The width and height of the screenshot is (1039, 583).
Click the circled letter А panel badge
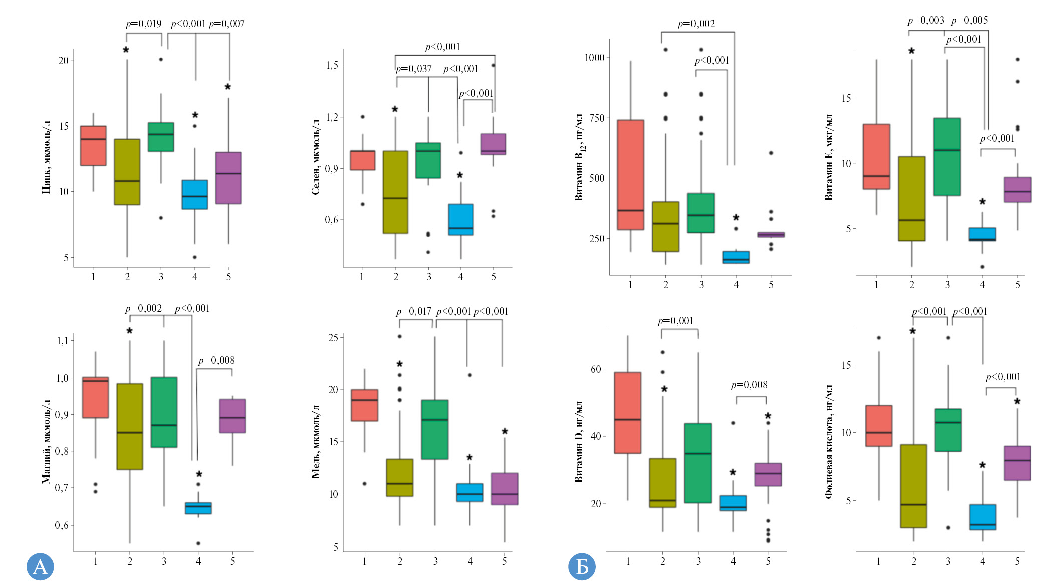pyautogui.click(x=40, y=566)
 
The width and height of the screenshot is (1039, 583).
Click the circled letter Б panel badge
pyautogui.click(x=582, y=566)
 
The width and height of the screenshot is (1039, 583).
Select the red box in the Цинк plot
pyautogui.click(x=93, y=146)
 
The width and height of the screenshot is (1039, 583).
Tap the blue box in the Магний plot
pyautogui.click(x=198, y=508)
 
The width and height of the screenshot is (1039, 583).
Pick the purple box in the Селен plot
pyautogui.click(x=493, y=144)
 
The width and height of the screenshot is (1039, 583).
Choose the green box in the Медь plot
pyautogui.click(x=435, y=429)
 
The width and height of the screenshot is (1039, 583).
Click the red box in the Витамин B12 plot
pyautogui.click(x=630, y=175)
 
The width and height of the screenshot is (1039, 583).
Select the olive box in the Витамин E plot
pyautogui.click(x=911, y=199)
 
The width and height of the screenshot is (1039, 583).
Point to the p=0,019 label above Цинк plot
pyautogui.click(x=144, y=24)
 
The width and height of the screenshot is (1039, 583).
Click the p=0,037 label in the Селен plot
pyautogui.click(x=414, y=69)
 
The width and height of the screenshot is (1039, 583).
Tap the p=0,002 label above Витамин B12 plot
pyautogui.click(x=696, y=24)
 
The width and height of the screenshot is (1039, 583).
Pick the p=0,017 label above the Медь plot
pyautogui.click(x=414, y=311)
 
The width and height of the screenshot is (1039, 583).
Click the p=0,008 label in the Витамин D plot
pyautogui.click(x=749, y=385)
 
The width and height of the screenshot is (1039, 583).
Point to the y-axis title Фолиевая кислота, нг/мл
pyautogui.click(x=829, y=441)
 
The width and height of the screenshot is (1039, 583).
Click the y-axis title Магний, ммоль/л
pyautogui.click(x=46, y=441)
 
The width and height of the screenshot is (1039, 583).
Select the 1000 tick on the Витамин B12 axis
pyautogui.click(x=594, y=58)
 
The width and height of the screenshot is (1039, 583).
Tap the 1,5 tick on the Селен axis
pyautogui.click(x=332, y=65)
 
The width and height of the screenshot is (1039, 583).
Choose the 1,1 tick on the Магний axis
pyautogui.click(x=62, y=341)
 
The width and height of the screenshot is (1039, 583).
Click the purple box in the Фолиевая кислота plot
pyautogui.click(x=1017, y=463)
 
